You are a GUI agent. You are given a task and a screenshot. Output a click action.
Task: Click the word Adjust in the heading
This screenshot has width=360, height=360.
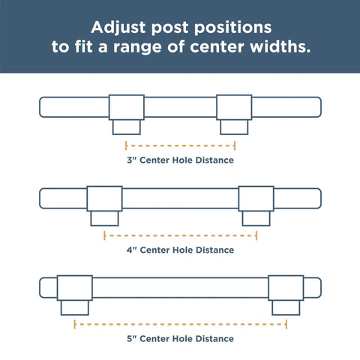click(x=118, y=28)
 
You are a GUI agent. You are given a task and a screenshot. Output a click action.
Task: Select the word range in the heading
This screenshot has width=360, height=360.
click(x=137, y=47)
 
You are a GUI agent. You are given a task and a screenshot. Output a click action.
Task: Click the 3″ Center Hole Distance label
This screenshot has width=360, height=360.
click(x=180, y=160)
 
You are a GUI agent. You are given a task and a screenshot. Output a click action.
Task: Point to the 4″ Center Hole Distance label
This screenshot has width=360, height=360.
click(x=180, y=250)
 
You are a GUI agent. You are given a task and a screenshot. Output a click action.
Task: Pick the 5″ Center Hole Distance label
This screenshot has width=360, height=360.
click(x=180, y=338)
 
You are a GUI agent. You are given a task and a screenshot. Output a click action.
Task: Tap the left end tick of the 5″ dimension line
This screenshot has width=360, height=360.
click(x=75, y=324)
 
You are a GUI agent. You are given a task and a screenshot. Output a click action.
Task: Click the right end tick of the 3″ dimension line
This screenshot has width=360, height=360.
click(x=235, y=145)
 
